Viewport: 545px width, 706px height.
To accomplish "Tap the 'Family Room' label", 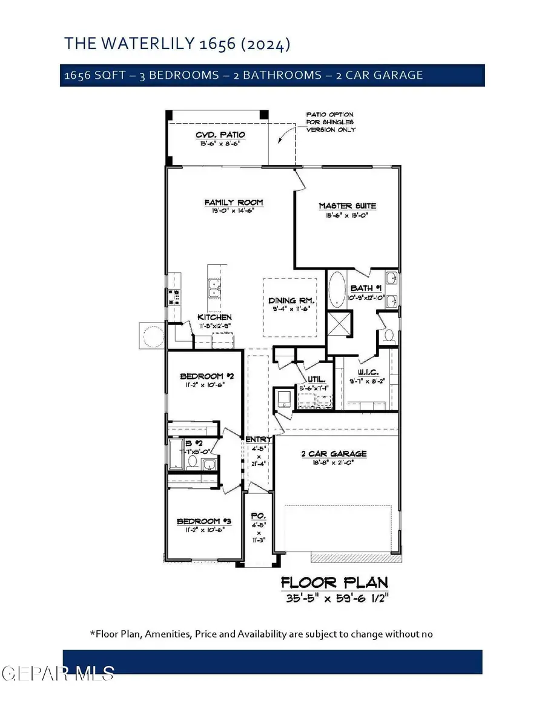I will point(233,202).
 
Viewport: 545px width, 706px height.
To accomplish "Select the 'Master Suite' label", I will point(343,206).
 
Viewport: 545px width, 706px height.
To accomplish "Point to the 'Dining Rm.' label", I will point(289,301).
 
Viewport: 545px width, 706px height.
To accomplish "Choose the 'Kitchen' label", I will point(216,317).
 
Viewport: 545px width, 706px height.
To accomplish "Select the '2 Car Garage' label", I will point(335,454).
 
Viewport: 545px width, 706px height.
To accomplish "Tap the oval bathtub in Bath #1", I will point(335,291).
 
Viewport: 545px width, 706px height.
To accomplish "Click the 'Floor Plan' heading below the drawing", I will point(334,583).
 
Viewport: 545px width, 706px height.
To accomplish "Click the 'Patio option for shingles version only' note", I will point(330,122).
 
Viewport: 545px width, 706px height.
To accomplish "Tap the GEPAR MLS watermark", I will point(58,672).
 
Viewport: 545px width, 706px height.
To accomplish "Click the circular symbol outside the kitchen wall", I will point(152,335).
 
